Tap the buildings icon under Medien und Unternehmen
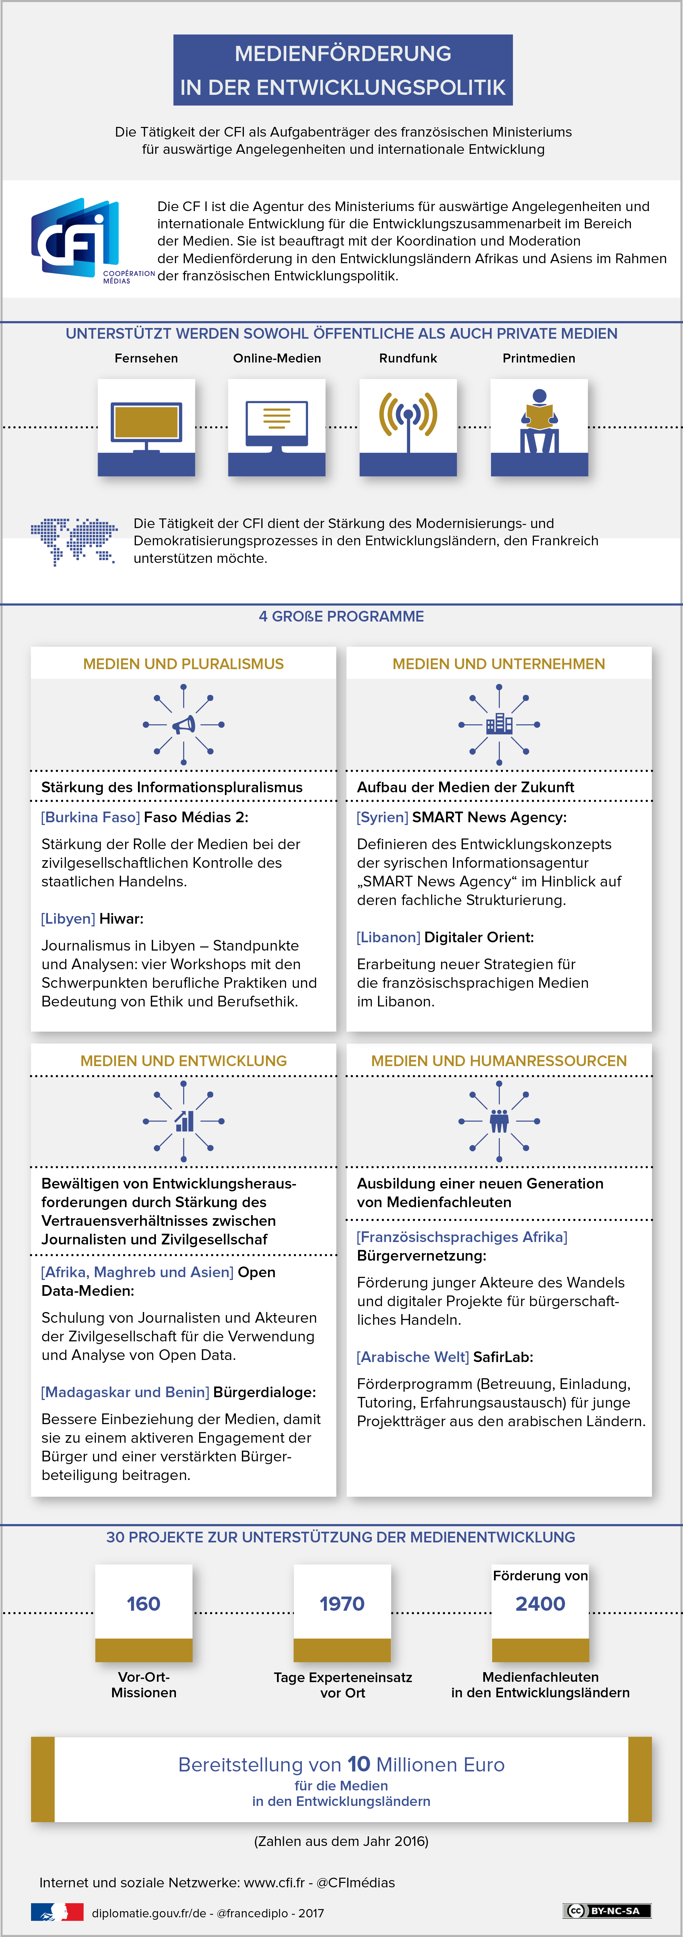[x=499, y=724]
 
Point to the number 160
[x=143, y=1604]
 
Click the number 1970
[x=342, y=1604]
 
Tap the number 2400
[x=540, y=1604]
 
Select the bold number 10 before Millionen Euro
[x=359, y=1764]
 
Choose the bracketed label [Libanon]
[x=388, y=938]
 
